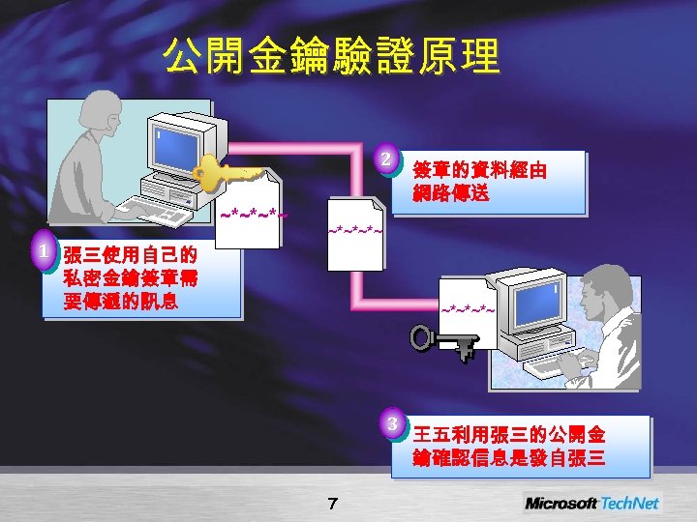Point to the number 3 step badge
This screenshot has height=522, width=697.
[x=392, y=422]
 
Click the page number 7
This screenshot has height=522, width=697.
[x=332, y=503]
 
